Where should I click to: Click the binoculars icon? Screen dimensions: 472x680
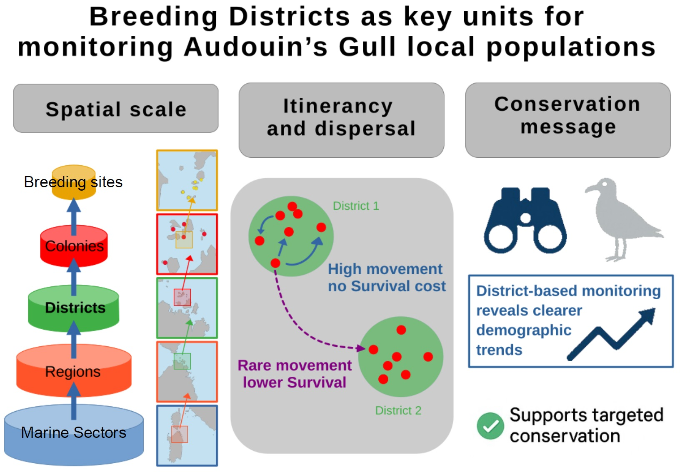click(525, 221)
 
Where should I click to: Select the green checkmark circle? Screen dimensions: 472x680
click(490, 426)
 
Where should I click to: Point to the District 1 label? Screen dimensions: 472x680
click(356, 206)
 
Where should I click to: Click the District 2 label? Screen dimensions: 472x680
click(398, 411)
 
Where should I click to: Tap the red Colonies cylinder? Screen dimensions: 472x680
click(74, 246)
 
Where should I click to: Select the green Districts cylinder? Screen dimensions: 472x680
click(74, 308)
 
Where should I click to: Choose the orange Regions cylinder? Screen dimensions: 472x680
click(74, 371)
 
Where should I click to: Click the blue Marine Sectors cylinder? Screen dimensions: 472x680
click(74, 435)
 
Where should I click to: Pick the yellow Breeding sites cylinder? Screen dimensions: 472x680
click(74, 182)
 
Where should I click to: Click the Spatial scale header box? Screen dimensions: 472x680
click(116, 109)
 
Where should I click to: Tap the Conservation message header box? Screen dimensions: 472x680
click(567, 120)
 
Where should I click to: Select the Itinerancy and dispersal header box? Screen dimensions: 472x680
click(341, 120)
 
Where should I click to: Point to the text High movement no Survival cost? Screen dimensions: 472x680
click(386, 278)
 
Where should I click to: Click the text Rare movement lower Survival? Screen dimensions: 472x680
click(295, 374)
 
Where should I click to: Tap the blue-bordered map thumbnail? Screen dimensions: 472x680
click(187, 435)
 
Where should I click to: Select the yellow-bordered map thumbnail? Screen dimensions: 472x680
click(187, 180)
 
